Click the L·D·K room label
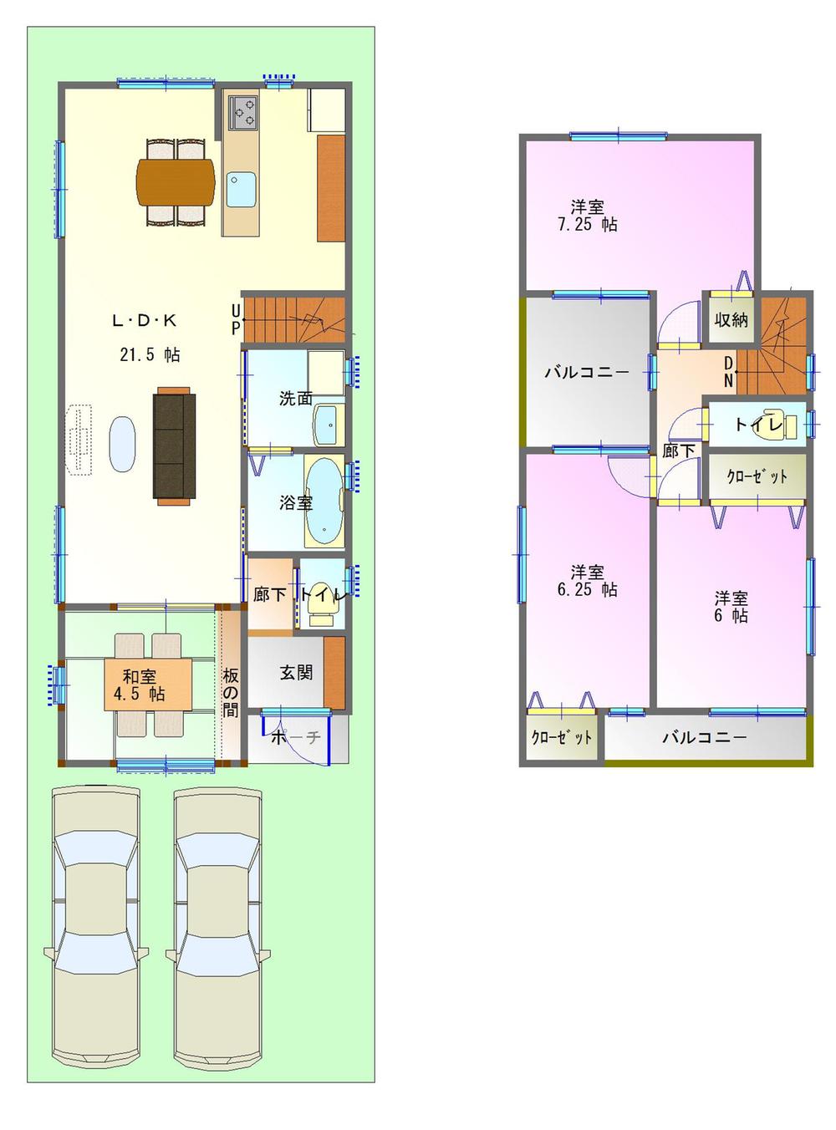point(144,320)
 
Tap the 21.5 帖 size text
point(149,354)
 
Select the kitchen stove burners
point(243,112)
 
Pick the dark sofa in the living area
point(174,446)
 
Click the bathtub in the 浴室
point(324,501)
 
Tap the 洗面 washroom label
point(295,399)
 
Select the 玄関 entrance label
point(296,672)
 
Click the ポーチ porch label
point(296,738)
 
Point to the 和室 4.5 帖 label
point(140,685)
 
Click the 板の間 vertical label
point(230,692)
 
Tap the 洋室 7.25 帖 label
point(587,215)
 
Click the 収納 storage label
point(731,319)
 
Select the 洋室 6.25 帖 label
point(587,580)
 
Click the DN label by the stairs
point(729,371)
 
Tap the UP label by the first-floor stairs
point(236,320)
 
